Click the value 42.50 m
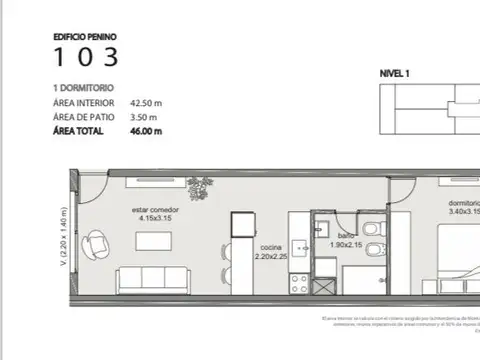(145, 102)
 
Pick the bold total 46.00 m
(145, 130)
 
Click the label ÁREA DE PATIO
(83, 116)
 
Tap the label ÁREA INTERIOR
(84, 102)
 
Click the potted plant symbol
(206, 186)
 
